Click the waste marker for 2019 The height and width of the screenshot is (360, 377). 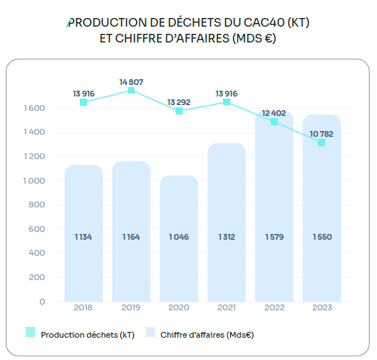point(131,90)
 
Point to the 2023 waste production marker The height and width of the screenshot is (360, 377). point(321,143)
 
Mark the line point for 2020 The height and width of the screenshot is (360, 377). point(179,111)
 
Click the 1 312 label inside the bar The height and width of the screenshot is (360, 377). point(226,236)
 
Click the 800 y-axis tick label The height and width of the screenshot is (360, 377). point(38,204)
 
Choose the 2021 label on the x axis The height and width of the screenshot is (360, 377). point(226,307)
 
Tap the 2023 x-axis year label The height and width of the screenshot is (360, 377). point(321,307)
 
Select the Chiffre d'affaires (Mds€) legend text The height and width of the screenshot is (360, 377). point(207,334)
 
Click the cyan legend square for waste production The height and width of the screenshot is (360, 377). point(30,332)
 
